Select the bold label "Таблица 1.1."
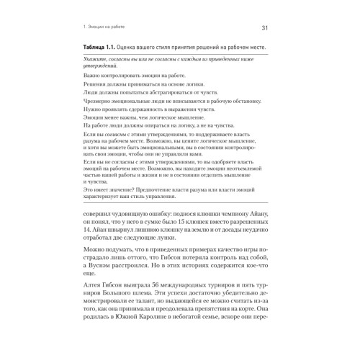point(102,48)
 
